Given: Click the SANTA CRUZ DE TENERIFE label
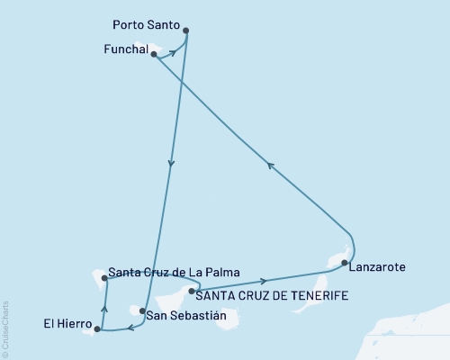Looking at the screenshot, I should [x=273, y=294].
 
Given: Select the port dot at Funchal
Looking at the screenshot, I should [x=154, y=55].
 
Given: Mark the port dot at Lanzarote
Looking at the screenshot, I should [x=345, y=263].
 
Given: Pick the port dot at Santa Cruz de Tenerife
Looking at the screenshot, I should [x=192, y=290].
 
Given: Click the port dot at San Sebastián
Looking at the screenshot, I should [x=142, y=310].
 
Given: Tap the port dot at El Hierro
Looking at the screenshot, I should [x=97, y=329].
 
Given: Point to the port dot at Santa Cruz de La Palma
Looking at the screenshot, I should [x=105, y=278].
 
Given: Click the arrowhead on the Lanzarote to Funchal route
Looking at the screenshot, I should [x=269, y=164].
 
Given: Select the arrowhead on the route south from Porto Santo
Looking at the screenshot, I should [x=171, y=163].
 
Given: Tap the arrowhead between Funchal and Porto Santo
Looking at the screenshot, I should [x=172, y=53].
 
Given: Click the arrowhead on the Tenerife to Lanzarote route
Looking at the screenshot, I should [x=262, y=282].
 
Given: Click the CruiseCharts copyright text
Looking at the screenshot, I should [x=5, y=328].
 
